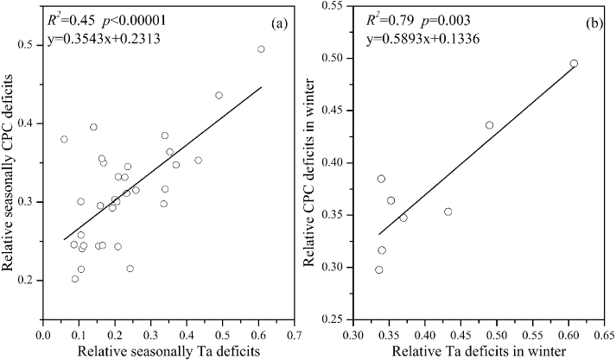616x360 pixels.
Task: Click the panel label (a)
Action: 277,23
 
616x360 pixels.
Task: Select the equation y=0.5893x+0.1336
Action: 417,39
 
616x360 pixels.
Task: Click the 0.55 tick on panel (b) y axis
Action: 333,6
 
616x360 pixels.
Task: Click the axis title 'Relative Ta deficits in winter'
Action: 479,350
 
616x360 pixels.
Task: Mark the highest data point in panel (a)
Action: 261,49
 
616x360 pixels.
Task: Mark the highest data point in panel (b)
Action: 574,63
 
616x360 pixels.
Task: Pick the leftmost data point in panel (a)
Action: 64,139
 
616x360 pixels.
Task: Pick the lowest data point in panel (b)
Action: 378,269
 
